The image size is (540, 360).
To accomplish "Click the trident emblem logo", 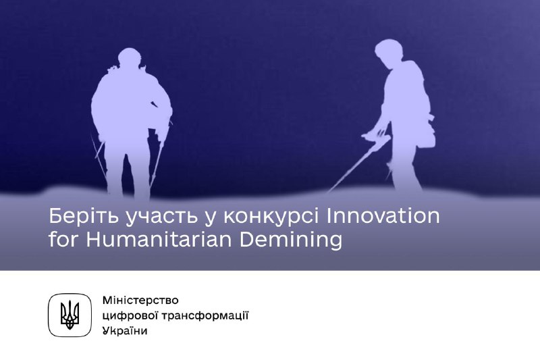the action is [x=70, y=315].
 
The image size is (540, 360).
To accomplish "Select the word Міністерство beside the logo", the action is [x=140, y=300].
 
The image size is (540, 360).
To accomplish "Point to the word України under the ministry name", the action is [x=125, y=331].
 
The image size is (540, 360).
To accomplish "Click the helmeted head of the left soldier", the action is [x=130, y=59].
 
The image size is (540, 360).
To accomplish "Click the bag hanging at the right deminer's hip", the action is [x=427, y=135].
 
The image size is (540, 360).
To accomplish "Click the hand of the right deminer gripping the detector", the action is [x=381, y=132].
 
